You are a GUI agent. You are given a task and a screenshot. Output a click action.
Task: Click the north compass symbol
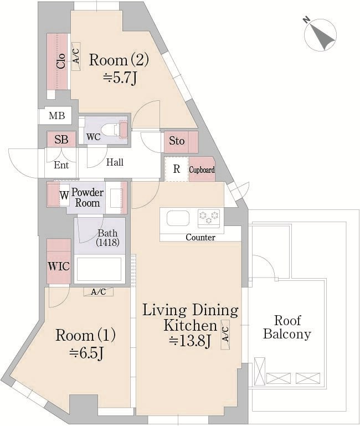(321, 34)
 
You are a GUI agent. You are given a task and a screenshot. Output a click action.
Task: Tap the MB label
(57, 116)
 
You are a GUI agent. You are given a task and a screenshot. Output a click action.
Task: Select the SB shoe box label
(61, 140)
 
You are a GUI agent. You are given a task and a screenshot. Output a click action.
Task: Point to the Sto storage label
(177, 141)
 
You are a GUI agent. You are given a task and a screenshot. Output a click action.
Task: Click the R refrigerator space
(177, 169)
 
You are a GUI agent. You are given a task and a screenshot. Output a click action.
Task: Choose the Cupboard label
(202, 170)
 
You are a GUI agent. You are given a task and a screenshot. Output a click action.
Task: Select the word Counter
(200, 238)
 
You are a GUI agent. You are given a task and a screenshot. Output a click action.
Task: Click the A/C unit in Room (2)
(76, 57)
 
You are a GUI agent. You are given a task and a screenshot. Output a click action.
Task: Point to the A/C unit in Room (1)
(99, 292)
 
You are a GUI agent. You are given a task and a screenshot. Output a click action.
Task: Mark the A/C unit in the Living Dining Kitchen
(225, 335)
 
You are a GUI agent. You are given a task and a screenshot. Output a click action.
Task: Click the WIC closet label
(59, 266)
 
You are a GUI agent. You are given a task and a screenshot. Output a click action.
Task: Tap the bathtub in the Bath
(99, 269)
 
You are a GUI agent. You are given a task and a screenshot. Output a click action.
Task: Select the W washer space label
(64, 196)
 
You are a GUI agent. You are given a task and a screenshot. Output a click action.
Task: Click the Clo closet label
(61, 61)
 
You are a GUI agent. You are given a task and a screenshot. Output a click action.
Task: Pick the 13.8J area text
(190, 341)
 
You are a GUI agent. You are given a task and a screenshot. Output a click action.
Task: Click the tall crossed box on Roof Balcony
(259, 371)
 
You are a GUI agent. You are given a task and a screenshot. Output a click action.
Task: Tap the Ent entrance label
(61, 165)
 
